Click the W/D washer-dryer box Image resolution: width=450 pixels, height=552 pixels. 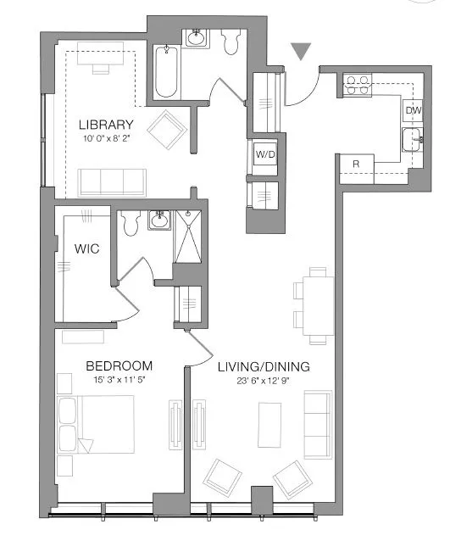pos(264,155)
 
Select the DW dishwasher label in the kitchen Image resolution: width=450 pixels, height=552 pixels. pos(413,111)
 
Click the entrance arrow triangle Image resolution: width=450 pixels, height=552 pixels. pos(300,52)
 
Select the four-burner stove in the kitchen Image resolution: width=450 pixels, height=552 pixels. pos(357,84)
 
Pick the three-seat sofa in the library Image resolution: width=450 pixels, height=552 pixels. pos(111,181)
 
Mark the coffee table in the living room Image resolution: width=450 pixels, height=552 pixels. pos(270,424)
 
